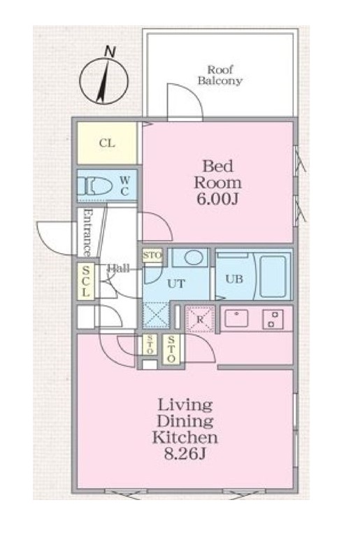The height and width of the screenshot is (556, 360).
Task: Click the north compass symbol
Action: coord(103,81)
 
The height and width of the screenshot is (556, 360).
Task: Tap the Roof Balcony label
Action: coord(220,75)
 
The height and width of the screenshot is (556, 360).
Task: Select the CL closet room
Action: coord(107,143)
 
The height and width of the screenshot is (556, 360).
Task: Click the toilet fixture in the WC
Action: coord(94,186)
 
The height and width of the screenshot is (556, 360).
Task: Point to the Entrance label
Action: coord(87,232)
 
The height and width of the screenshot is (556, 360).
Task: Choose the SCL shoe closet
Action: coord(86,281)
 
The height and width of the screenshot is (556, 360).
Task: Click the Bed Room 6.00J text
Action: coord(218,183)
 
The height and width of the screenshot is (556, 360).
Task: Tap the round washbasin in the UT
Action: coord(194,258)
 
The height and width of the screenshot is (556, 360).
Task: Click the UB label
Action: coord(234,279)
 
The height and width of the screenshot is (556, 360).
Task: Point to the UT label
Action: coord(176,283)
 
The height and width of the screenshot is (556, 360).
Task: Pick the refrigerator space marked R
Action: coord(200,319)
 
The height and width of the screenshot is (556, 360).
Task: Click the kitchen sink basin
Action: coord(236,318)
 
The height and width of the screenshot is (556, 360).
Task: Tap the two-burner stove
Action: coord(273,319)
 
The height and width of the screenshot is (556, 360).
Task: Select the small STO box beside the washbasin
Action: coord(152,255)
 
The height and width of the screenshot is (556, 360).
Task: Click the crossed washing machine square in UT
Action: coord(156,315)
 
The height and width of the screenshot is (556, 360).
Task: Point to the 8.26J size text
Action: coord(185,454)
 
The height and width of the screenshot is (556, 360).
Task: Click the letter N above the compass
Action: coord(110,52)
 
